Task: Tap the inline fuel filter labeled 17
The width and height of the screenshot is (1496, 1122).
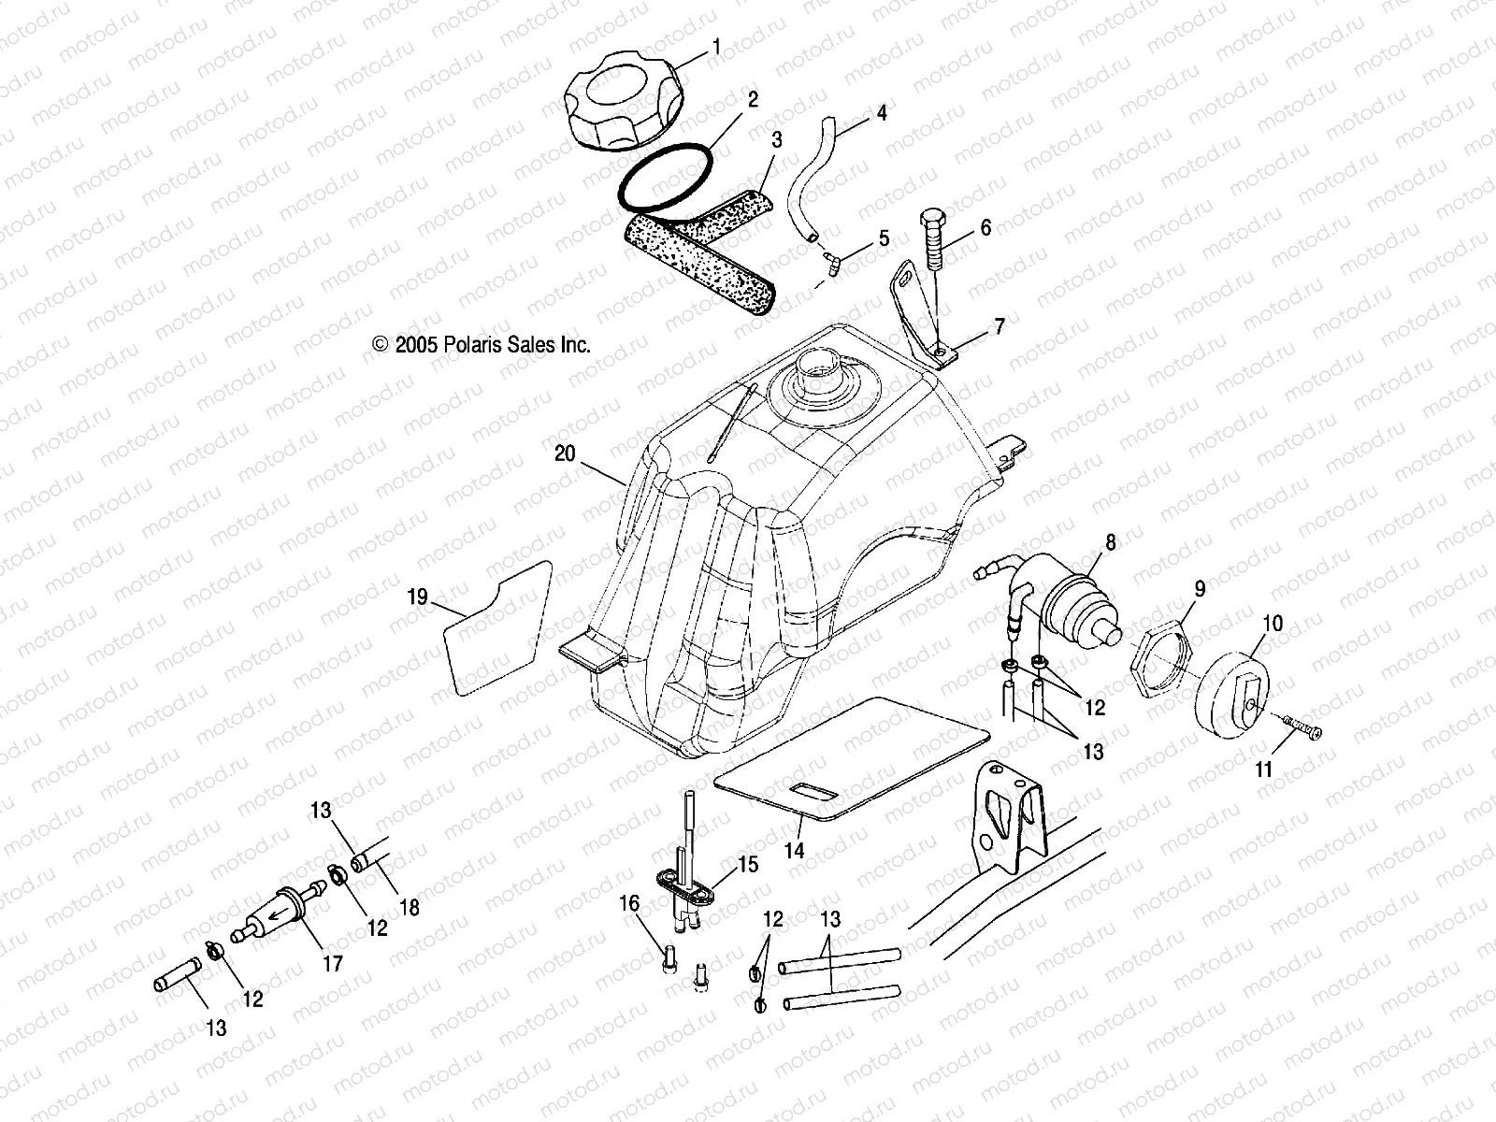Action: tap(280, 913)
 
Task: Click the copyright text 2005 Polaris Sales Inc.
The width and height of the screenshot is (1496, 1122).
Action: tap(482, 345)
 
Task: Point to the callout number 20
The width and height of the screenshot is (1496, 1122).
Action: tap(565, 453)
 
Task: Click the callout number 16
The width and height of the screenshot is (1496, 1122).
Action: tap(629, 903)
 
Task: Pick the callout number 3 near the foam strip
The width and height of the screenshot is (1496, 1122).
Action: tap(776, 140)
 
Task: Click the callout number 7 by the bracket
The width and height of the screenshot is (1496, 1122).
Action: tap(1000, 326)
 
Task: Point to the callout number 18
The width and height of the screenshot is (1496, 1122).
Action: tap(409, 907)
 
